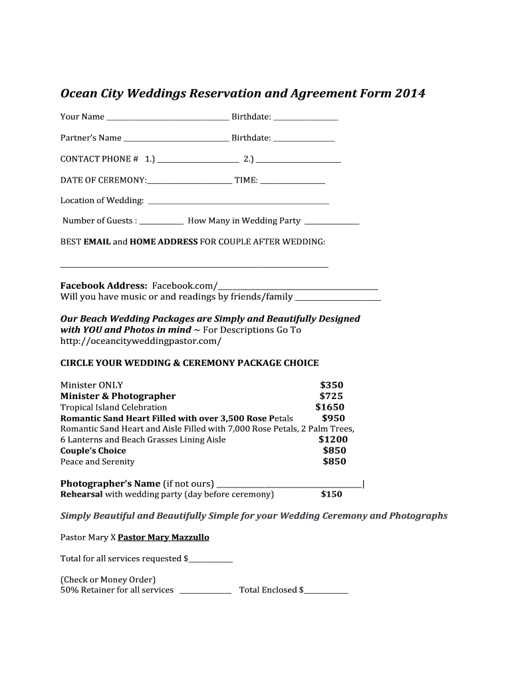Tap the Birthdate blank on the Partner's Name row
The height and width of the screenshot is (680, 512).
coord(304,139)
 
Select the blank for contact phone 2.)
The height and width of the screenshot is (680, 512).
coord(299,161)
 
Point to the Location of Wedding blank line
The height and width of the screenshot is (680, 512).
coord(238,202)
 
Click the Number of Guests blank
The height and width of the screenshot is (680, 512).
coord(162,222)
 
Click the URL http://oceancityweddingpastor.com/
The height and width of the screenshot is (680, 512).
coord(140,341)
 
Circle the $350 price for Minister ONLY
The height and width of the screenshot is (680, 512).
coord(331,385)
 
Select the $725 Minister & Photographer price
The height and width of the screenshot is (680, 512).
coord(331,396)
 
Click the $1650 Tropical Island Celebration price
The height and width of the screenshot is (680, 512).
coord(330,407)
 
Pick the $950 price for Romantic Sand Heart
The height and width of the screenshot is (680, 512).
coord(333,418)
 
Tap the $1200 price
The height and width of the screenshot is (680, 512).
coord(332,440)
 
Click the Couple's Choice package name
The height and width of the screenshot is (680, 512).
coord(93,451)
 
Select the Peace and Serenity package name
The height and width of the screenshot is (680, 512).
coord(97,462)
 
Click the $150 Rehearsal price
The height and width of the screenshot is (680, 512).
coord(331,494)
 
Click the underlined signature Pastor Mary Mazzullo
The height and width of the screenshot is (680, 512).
coord(163,537)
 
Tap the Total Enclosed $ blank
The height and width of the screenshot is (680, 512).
coord(326,591)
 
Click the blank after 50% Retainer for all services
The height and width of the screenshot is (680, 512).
coord(205,591)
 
